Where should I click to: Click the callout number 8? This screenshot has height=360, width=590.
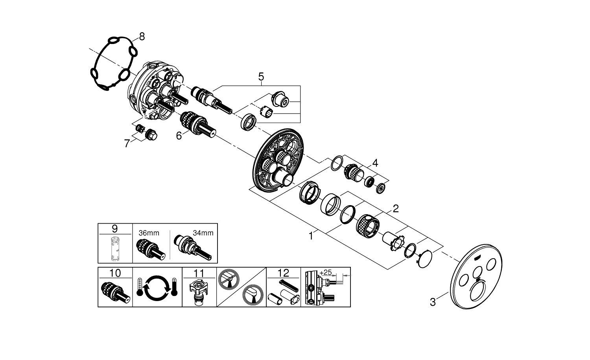[142, 37]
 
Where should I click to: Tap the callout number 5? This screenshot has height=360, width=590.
[261, 77]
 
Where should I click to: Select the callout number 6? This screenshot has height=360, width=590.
[179, 136]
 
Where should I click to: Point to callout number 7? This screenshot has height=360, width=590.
[127, 144]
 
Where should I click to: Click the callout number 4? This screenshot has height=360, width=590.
[375, 163]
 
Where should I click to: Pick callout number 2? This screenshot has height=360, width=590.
[396, 209]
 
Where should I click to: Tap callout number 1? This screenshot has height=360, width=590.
[311, 236]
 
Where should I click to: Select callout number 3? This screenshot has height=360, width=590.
[433, 302]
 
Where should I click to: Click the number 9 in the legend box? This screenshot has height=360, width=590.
[114, 229]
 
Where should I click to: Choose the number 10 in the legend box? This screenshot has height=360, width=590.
[115, 273]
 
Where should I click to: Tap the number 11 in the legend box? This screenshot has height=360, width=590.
[199, 273]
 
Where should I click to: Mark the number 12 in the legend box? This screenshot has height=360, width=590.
[284, 273]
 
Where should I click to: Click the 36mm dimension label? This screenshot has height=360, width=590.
[149, 233]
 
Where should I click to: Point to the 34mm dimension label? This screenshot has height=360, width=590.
[203, 233]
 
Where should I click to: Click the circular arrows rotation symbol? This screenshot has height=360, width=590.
[157, 288]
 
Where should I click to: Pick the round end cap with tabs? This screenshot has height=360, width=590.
[425, 259]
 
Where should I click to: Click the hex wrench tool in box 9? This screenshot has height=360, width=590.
[115, 248]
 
